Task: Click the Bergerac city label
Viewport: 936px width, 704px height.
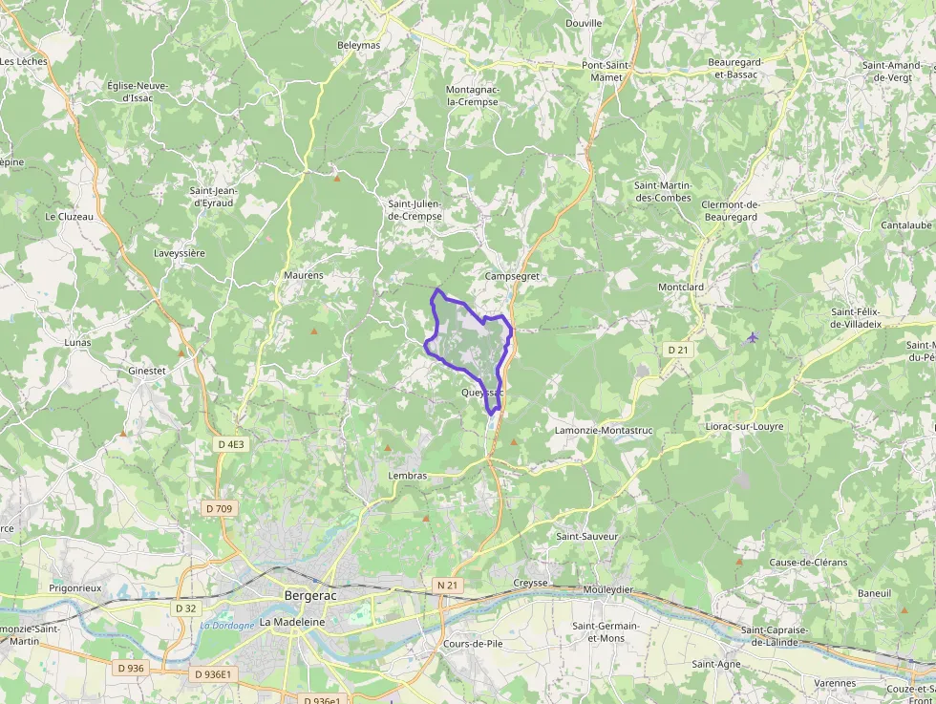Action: coord(310,596)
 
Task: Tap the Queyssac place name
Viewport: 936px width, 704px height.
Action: coord(481,393)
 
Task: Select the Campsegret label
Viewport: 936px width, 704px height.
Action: coord(512,276)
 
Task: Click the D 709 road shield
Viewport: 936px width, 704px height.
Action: coord(218,509)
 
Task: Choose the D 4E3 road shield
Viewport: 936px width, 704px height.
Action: coord(230,444)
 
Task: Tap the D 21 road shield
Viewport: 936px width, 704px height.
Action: coord(678,351)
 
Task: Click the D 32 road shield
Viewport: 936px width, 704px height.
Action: coord(185,608)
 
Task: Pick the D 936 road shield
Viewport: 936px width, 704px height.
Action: coord(128,668)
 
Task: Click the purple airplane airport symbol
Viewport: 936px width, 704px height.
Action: coord(753,337)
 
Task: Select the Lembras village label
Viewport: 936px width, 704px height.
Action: coord(408,475)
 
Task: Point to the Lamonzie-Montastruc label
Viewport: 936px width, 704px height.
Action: coord(603,431)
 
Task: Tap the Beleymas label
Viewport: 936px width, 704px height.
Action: coord(359,45)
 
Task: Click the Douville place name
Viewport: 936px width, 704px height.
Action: coord(584,23)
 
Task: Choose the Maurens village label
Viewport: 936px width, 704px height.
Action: coord(304,275)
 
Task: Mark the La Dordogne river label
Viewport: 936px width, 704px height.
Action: coord(227,626)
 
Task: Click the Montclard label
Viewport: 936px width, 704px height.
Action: coord(681,287)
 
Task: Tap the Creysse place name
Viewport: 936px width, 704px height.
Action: coord(530,583)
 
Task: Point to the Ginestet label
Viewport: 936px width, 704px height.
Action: coord(147,370)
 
